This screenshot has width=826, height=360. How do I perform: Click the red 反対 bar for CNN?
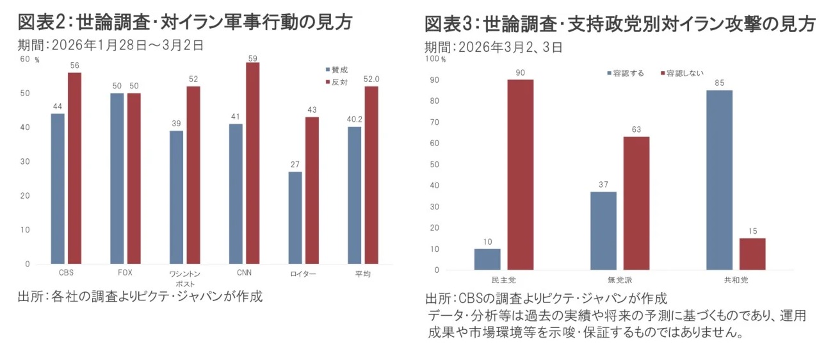coord(253,163)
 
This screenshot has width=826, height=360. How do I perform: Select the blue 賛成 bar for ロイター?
coord(295,218)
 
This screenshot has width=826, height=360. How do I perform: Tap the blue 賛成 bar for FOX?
coord(117,178)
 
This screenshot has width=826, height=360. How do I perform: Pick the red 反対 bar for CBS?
coord(75,168)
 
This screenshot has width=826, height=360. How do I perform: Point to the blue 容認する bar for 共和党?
coord(719,180)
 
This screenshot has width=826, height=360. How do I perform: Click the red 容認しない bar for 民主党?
coord(520,174)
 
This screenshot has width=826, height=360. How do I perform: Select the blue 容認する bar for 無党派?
coord(603,231)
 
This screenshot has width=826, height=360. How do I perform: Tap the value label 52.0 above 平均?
coord(371,79)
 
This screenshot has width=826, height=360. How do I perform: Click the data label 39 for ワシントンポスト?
coord(176,124)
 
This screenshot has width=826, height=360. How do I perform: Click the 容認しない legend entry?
coord(682,74)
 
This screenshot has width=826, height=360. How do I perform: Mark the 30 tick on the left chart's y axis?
coord(25,161)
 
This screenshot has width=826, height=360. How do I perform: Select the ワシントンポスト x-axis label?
coord(186,278)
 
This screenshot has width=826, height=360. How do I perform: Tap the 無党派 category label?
coord(620,281)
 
